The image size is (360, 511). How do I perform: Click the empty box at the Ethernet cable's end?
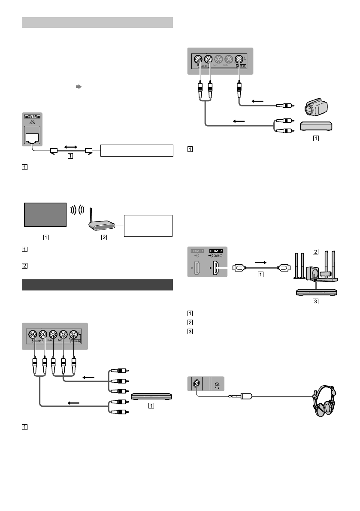136,151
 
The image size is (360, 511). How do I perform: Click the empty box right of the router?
147,226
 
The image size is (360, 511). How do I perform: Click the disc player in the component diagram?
151,396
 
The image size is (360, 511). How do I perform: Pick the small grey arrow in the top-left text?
79,86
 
